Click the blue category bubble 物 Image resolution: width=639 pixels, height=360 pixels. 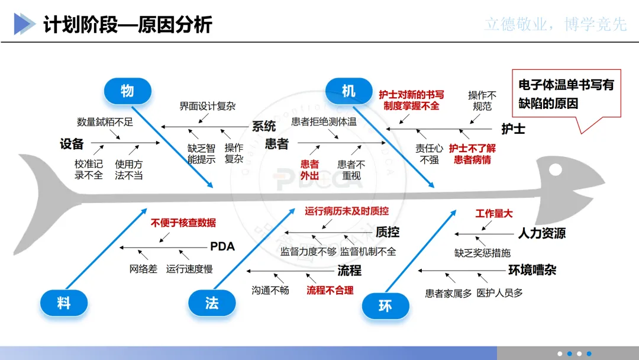[x=127, y=91]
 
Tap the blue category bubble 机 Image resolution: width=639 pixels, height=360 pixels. [x=348, y=91]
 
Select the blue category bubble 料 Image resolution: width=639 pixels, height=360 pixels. [x=64, y=303]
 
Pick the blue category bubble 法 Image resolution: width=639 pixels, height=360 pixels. [x=212, y=303]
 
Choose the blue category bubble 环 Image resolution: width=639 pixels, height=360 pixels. [x=385, y=306]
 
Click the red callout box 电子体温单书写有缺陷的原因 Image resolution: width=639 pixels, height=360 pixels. [x=566, y=94]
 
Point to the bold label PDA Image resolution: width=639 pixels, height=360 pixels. [x=222, y=246]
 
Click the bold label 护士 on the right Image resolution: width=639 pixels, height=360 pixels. [x=513, y=128]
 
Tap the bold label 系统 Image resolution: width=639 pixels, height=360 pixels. [x=264, y=126]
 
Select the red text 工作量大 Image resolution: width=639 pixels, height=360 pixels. [x=494, y=214]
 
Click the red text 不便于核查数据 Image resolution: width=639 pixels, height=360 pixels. [x=183, y=223]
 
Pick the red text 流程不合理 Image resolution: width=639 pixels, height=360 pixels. [x=330, y=290]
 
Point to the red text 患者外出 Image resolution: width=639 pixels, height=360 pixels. [x=309, y=170]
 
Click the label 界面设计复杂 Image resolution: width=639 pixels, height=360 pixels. [x=207, y=107]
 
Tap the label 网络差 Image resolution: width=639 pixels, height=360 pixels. [x=143, y=269]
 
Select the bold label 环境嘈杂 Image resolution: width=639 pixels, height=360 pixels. [x=532, y=271]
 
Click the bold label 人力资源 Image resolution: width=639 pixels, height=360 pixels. [x=541, y=233]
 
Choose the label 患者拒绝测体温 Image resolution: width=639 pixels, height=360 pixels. [x=324, y=122]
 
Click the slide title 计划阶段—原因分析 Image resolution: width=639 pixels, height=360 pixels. [x=128, y=25]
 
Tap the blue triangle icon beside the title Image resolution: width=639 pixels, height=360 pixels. [x=24, y=24]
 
